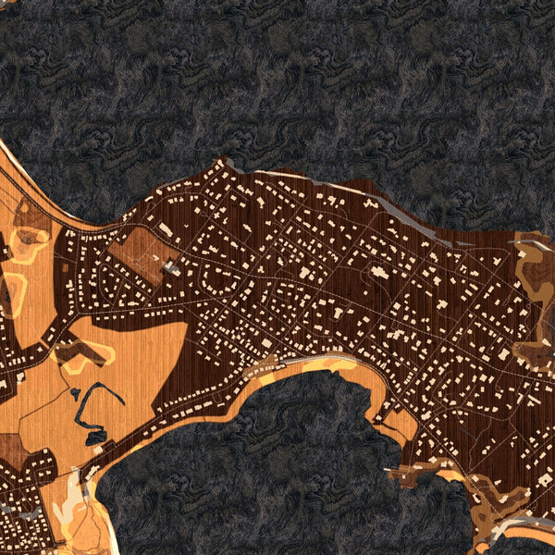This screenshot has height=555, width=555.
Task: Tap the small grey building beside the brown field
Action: point(172,267)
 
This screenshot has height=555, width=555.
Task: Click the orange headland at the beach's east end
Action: point(400,425)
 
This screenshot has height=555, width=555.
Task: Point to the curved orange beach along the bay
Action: point(305,365)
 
